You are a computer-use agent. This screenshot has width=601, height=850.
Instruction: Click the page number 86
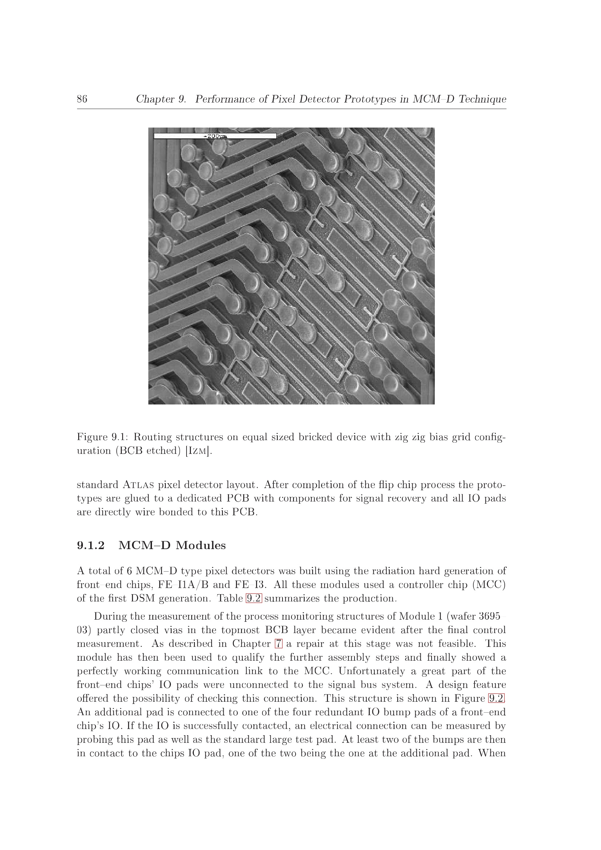[82, 99]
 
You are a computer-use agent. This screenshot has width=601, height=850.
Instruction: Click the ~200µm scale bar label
[215, 136]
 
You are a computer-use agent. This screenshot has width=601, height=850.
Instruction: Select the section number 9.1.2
[91, 546]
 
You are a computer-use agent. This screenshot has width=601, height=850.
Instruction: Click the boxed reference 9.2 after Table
[254, 599]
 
